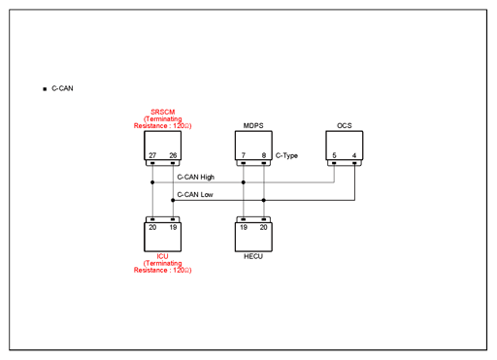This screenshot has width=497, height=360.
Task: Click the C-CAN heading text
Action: [62, 88]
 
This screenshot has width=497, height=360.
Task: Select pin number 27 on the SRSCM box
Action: [152, 155]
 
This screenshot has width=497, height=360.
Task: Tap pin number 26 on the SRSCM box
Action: [173, 155]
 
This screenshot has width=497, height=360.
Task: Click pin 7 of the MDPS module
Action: [244, 155]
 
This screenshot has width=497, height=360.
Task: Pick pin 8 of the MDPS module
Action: [264, 155]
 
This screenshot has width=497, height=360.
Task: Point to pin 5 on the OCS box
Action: [334, 155]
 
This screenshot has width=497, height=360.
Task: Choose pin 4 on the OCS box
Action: [354, 155]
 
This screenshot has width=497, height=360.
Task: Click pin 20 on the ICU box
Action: [152, 227]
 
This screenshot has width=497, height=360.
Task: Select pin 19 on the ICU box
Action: [173, 227]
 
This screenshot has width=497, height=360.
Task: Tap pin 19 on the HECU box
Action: [244, 227]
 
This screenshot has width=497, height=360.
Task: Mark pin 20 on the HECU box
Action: [264, 227]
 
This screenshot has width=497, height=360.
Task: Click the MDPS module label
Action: [253, 125]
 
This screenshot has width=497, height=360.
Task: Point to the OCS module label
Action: [345, 125]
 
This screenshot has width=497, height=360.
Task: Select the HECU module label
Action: [253, 256]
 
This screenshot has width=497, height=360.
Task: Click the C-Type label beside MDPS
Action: [286, 155]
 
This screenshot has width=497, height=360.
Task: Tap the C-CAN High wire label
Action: [196, 178]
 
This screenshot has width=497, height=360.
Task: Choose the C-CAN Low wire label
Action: [195, 195]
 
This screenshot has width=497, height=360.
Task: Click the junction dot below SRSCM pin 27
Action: [152, 182]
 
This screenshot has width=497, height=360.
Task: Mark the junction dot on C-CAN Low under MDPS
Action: [264, 200]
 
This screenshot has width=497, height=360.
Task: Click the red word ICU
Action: [162, 256]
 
